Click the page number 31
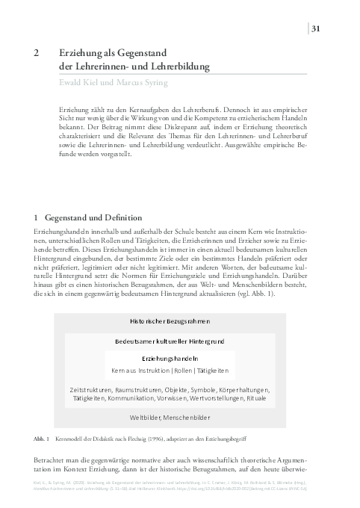pos(316,29)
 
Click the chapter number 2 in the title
pos(37,54)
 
